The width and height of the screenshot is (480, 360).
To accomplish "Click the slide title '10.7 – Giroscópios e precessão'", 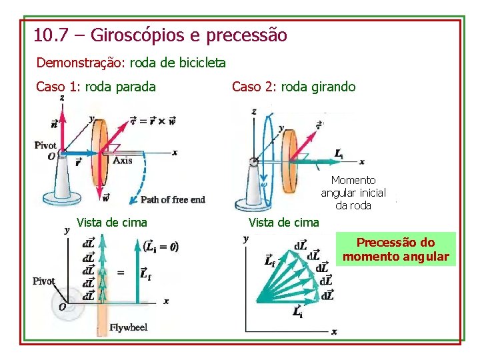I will click(161, 35).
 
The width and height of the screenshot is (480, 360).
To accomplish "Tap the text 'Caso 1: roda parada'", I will click(96, 87).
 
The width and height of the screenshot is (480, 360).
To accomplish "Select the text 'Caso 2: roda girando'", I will click(293, 87).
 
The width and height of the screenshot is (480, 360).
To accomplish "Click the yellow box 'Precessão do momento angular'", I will click(396, 249).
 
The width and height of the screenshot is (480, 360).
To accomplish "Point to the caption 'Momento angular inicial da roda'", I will click(353, 193).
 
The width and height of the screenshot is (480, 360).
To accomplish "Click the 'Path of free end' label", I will click(173, 199).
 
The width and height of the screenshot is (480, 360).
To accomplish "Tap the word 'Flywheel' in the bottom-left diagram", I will click(129, 327).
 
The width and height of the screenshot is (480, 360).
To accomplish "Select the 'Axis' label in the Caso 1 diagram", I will click(122, 160).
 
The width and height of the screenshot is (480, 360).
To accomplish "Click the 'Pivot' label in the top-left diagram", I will click(46, 145).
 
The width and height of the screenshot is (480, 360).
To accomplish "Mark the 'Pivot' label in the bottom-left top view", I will click(44, 281).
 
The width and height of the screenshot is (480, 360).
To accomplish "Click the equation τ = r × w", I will click(153, 121).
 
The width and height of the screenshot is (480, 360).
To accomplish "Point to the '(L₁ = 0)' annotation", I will click(161, 246).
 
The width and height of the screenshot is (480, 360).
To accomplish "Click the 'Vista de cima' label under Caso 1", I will click(112, 222).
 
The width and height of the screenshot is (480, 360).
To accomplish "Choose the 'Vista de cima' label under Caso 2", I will click(283, 222).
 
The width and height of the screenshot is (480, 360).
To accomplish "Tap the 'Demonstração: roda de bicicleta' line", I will click(131, 63).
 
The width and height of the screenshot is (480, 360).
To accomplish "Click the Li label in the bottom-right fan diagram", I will click(297, 312).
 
